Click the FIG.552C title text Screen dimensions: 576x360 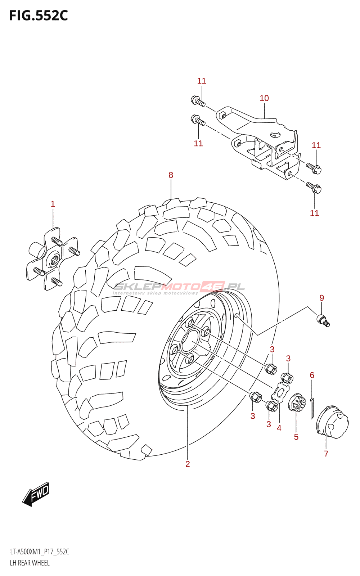point(39,16)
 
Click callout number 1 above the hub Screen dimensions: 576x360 point(53,204)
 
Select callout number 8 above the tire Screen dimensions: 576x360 point(171,175)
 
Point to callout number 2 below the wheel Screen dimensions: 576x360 point(188,464)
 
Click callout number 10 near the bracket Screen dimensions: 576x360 point(264,98)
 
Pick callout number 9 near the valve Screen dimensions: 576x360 point(321,298)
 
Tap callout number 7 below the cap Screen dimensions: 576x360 point(326,454)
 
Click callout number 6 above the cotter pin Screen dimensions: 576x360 point(312,375)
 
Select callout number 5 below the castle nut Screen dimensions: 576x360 point(296,437)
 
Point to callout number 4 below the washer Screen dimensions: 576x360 point(279,428)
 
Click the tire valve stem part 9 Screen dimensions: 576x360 point(323,320)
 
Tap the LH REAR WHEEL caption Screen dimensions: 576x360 point(30,563)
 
